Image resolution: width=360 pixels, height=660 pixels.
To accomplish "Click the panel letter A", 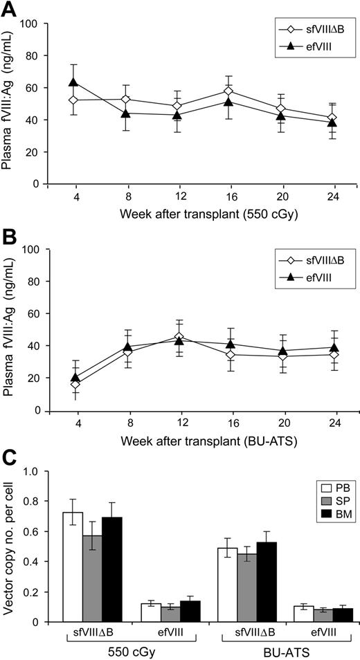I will point(10,9).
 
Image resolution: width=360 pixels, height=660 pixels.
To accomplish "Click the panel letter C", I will point(10,457).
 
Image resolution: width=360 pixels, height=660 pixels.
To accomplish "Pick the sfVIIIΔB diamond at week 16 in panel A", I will point(209,91).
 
